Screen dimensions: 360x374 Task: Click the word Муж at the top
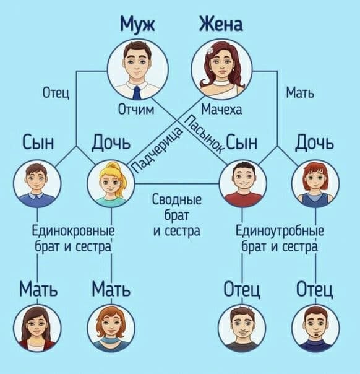point(137,25)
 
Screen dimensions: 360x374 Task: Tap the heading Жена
point(221,24)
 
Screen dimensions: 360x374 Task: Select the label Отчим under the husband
point(136,110)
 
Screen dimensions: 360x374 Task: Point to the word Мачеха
point(221,110)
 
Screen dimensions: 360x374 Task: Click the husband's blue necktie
point(137,93)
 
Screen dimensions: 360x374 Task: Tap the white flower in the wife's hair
point(210,50)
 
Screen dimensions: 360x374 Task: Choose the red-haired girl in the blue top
point(315,184)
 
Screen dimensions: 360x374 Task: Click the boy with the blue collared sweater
point(37,183)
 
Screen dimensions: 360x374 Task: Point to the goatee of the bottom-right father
point(317,334)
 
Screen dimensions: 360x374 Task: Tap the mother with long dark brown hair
point(37,328)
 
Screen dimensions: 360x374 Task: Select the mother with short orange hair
point(111,328)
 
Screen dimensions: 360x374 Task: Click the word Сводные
point(177,199)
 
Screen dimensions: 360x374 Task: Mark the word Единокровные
point(73,230)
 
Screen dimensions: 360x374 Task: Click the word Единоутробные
point(280,230)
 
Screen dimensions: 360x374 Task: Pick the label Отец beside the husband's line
point(56,92)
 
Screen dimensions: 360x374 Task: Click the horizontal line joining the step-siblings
point(177,184)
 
